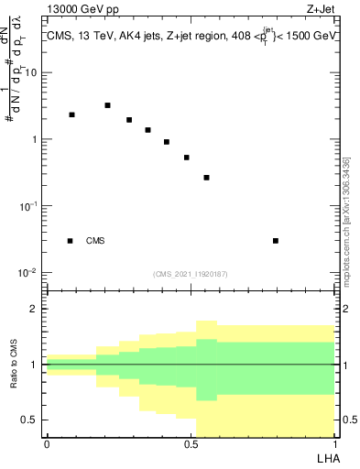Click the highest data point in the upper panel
(107, 105)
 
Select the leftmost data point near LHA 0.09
(71, 115)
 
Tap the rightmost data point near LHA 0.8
(276, 241)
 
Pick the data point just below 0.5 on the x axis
(186, 158)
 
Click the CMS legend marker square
(70, 241)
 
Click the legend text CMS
(95, 241)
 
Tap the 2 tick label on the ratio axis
(35, 309)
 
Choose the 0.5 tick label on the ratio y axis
(31, 420)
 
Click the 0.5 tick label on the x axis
(191, 444)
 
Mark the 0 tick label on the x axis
(47, 444)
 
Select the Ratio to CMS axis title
(15, 364)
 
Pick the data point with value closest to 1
(167, 142)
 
